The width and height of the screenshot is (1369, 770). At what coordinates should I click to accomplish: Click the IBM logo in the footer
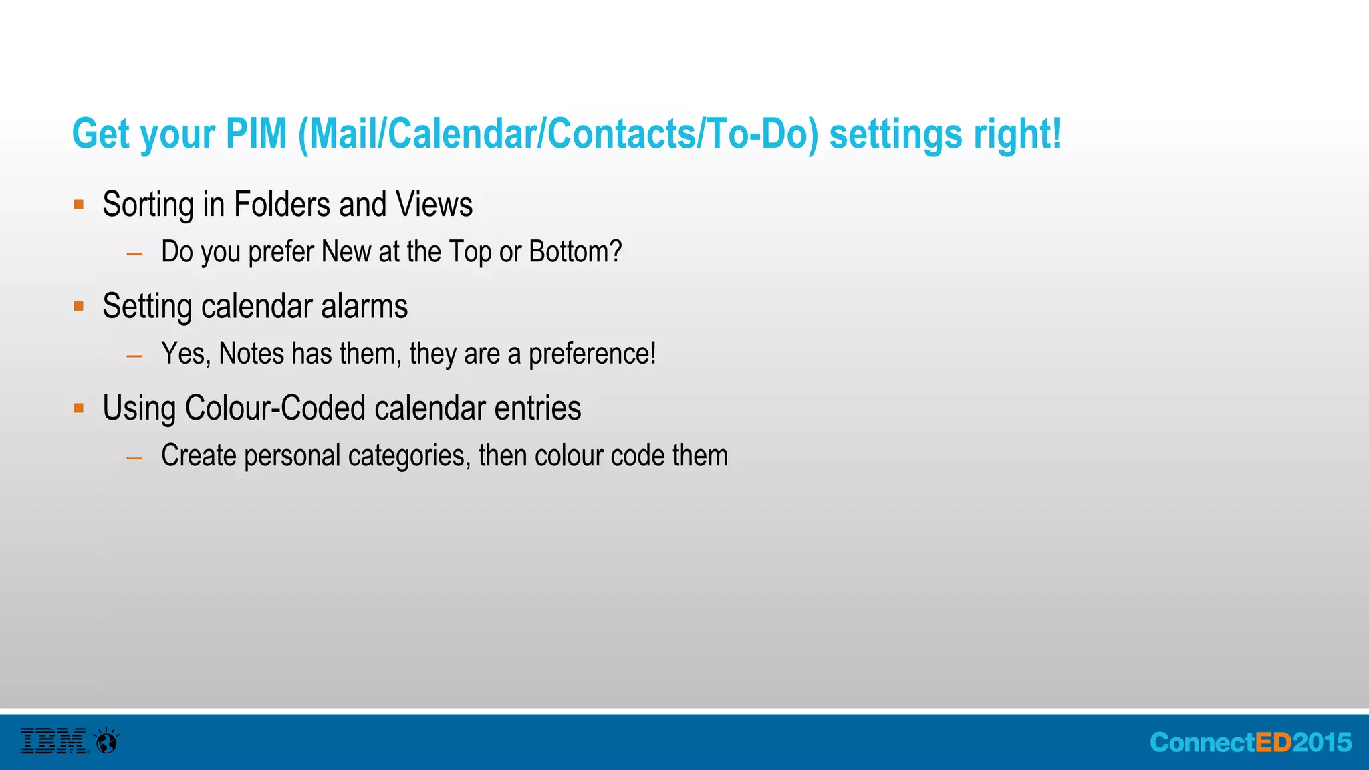tap(53, 741)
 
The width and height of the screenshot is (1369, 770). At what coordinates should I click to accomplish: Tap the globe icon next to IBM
tap(107, 741)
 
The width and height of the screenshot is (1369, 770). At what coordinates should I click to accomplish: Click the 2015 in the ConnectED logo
tap(1322, 743)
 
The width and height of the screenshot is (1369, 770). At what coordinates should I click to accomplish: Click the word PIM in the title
tap(256, 134)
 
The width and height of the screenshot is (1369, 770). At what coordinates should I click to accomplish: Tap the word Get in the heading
tap(100, 134)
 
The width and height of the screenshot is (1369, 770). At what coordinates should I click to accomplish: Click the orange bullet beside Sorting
tap(79, 205)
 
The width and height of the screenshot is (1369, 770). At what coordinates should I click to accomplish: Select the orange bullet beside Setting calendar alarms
tap(79, 307)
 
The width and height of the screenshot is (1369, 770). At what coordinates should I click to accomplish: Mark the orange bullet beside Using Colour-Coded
tap(79, 408)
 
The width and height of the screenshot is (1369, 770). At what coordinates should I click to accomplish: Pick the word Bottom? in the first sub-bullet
tap(575, 252)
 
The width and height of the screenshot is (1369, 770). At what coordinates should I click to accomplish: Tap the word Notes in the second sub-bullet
tap(251, 354)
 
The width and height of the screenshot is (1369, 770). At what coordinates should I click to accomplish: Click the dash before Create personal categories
tap(134, 458)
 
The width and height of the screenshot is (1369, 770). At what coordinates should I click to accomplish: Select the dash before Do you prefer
tap(134, 254)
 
